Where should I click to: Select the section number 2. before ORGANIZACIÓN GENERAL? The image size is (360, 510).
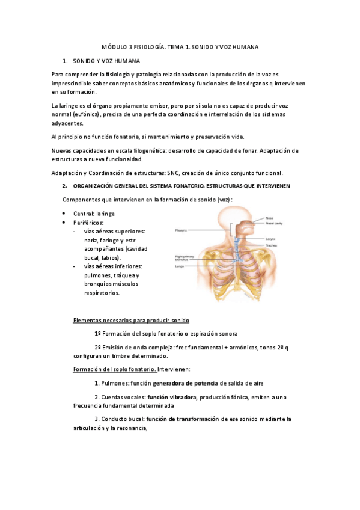click(x=65, y=186)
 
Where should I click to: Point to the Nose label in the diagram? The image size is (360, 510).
click(x=269, y=217)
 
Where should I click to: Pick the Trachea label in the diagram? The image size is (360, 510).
click(x=272, y=245)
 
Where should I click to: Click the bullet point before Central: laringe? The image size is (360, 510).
click(x=64, y=214)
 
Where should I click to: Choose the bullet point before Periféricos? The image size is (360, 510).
click(x=64, y=223)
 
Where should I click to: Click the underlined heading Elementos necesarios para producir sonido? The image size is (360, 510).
click(x=130, y=320)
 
